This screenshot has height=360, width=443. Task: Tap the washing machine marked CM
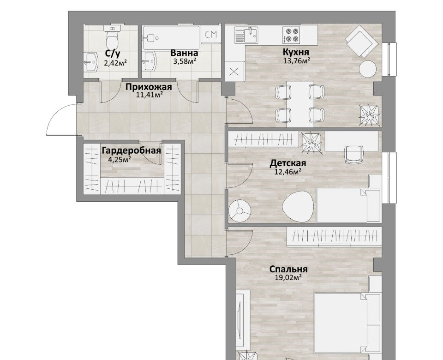pos(211,35)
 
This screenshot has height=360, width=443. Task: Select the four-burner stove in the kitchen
pos(291,35)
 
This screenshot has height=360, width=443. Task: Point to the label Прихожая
pos(149,87)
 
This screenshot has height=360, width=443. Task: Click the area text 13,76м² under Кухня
pos(297,60)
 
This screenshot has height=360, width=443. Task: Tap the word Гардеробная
pos(132,150)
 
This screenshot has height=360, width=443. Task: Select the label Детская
pos(288,163)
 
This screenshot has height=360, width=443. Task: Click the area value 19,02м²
pos(288,277)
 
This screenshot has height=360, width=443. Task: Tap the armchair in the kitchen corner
pos(362,41)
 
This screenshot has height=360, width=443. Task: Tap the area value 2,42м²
pos(115,63)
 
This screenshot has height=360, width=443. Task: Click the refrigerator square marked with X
pos(234,72)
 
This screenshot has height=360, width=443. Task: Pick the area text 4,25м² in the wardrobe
pos(120,160)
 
